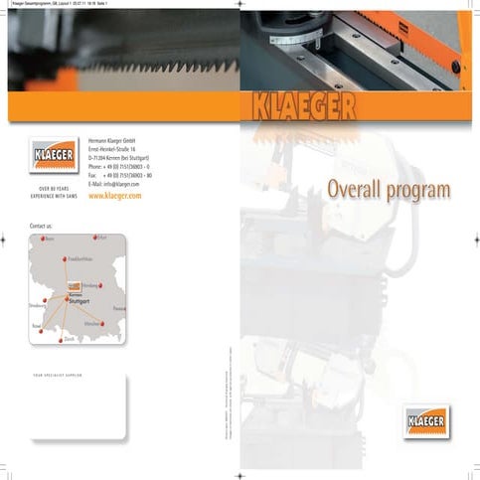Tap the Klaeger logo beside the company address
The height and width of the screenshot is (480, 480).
point(52,159)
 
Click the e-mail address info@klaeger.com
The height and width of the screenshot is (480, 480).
point(121,185)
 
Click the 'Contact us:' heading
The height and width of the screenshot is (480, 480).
point(41,227)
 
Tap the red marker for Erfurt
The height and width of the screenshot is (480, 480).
point(93,239)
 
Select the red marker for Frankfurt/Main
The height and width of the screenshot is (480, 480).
point(66,260)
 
